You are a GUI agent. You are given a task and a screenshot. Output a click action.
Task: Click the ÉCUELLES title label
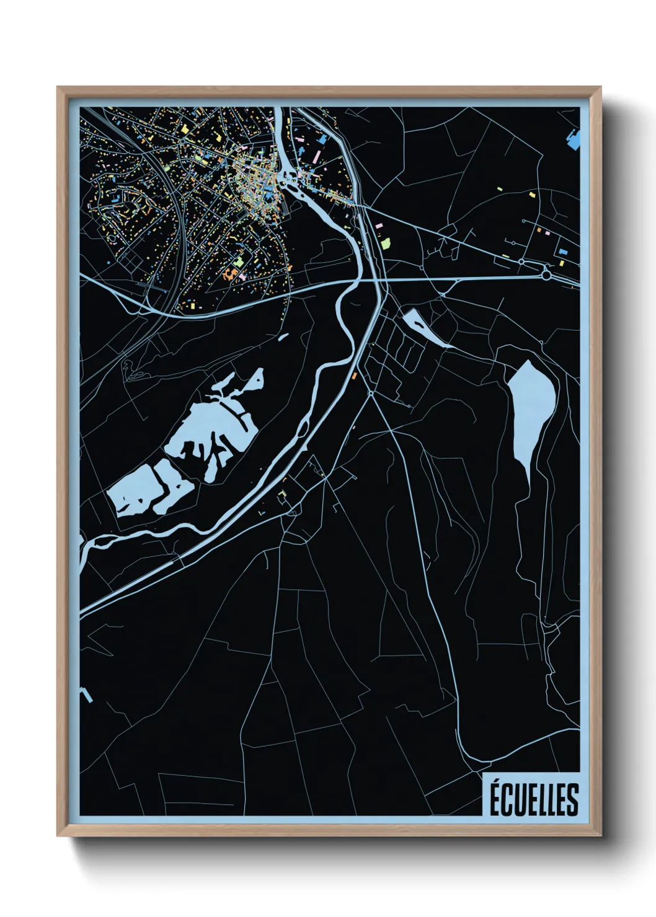[534, 799]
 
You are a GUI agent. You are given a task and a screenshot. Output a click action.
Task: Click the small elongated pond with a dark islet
[426, 328]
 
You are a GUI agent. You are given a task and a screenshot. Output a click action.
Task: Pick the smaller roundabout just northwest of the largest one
[521, 262]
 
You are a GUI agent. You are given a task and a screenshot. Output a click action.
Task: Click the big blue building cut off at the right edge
[575, 139]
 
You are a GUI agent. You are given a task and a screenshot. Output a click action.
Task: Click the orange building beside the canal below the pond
[355, 376]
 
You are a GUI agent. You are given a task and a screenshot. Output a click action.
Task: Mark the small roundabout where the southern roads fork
[371, 393]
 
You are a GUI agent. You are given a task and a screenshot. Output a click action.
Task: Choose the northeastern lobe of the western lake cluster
[254, 379]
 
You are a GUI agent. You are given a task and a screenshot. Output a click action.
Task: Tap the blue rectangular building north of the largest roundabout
[563, 252]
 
